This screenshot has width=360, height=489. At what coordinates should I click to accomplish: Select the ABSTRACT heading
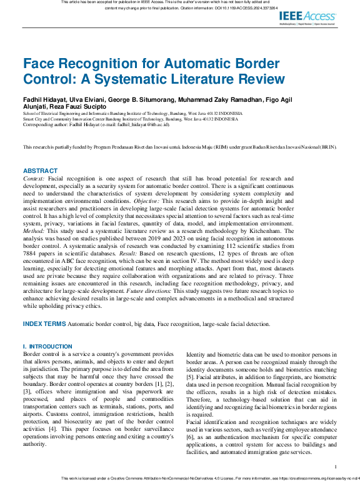(x=40, y=170)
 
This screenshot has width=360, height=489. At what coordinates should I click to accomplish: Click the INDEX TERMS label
(x=44, y=324)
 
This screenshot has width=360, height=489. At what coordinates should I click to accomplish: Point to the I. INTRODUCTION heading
(x=47, y=347)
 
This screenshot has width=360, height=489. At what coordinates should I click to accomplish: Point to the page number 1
(x=336, y=467)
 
